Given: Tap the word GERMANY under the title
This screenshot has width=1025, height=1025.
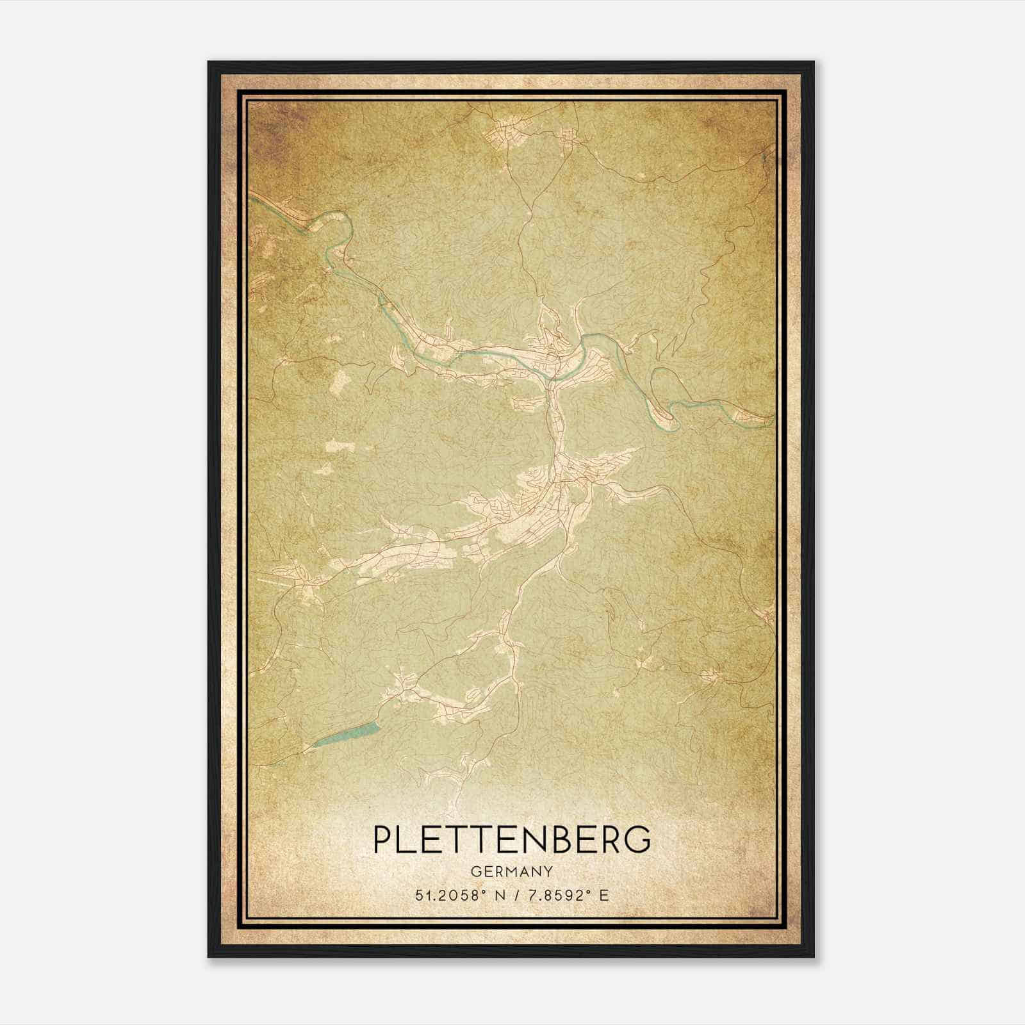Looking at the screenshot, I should click(x=512, y=871).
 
